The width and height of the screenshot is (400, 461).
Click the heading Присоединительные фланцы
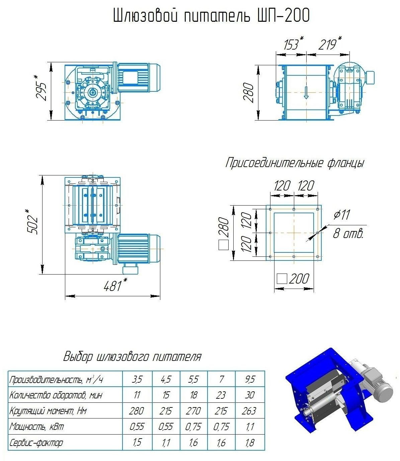point(295,163)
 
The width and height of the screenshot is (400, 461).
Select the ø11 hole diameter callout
point(341,215)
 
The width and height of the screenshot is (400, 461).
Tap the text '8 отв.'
point(348,233)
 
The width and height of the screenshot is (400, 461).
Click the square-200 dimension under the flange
point(294,279)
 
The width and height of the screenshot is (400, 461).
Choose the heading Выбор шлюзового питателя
point(133,357)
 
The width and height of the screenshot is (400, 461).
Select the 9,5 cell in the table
point(250,379)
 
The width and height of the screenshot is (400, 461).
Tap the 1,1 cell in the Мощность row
point(250,427)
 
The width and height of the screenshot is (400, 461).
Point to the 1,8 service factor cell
point(250,443)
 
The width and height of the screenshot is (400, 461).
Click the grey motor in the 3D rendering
point(377,382)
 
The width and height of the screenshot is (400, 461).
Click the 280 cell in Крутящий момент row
point(137,411)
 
